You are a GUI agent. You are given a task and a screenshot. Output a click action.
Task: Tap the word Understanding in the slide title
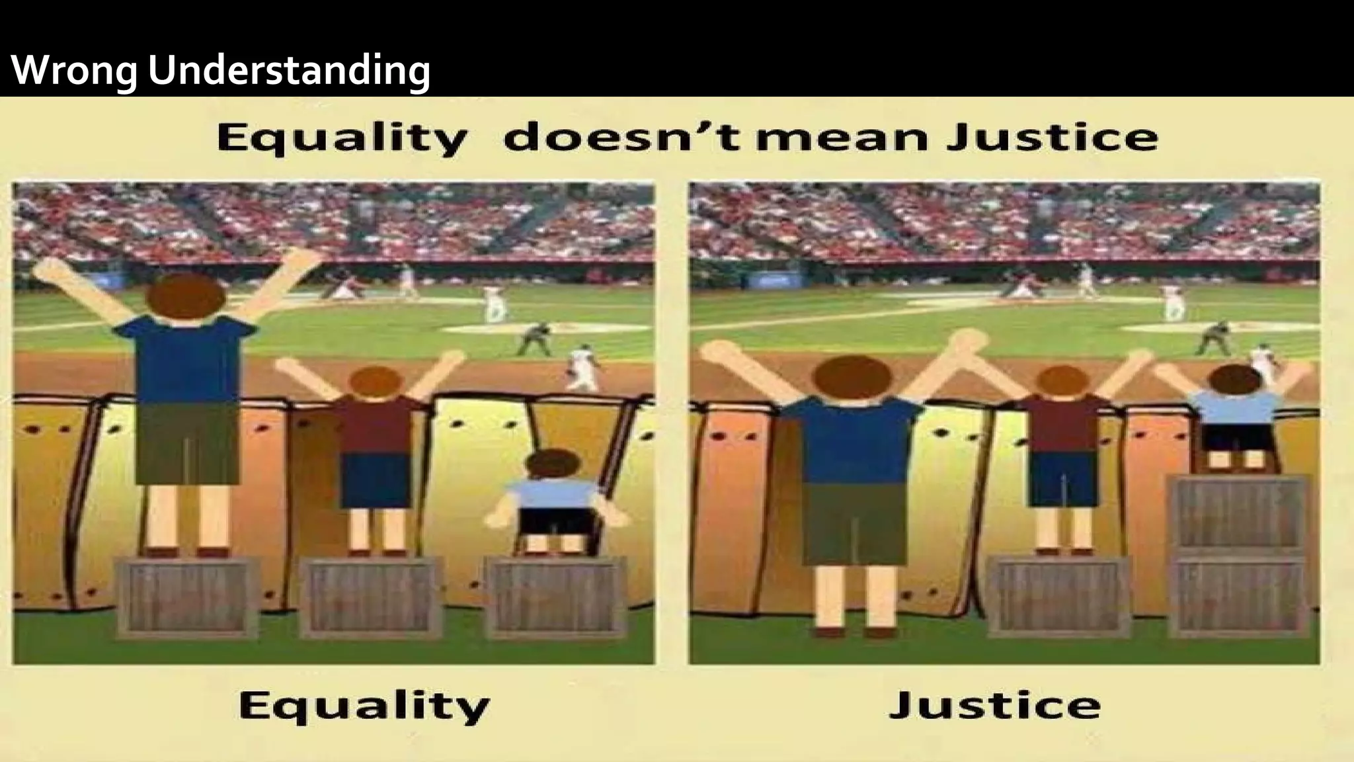click(289, 70)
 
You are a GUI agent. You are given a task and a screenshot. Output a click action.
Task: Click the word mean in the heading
click(844, 138)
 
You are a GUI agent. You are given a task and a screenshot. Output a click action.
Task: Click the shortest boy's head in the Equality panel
click(554, 464)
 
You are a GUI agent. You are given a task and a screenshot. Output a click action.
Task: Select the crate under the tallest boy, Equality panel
click(187, 596)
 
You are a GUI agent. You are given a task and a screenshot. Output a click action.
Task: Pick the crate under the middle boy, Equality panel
click(372, 596)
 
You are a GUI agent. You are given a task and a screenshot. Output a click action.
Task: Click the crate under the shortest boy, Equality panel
click(555, 596)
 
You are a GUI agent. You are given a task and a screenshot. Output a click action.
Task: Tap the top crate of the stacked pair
click(1240, 513)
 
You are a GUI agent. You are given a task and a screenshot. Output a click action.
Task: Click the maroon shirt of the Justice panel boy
click(1062, 423)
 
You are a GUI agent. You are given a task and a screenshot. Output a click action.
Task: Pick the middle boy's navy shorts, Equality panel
click(376, 480)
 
